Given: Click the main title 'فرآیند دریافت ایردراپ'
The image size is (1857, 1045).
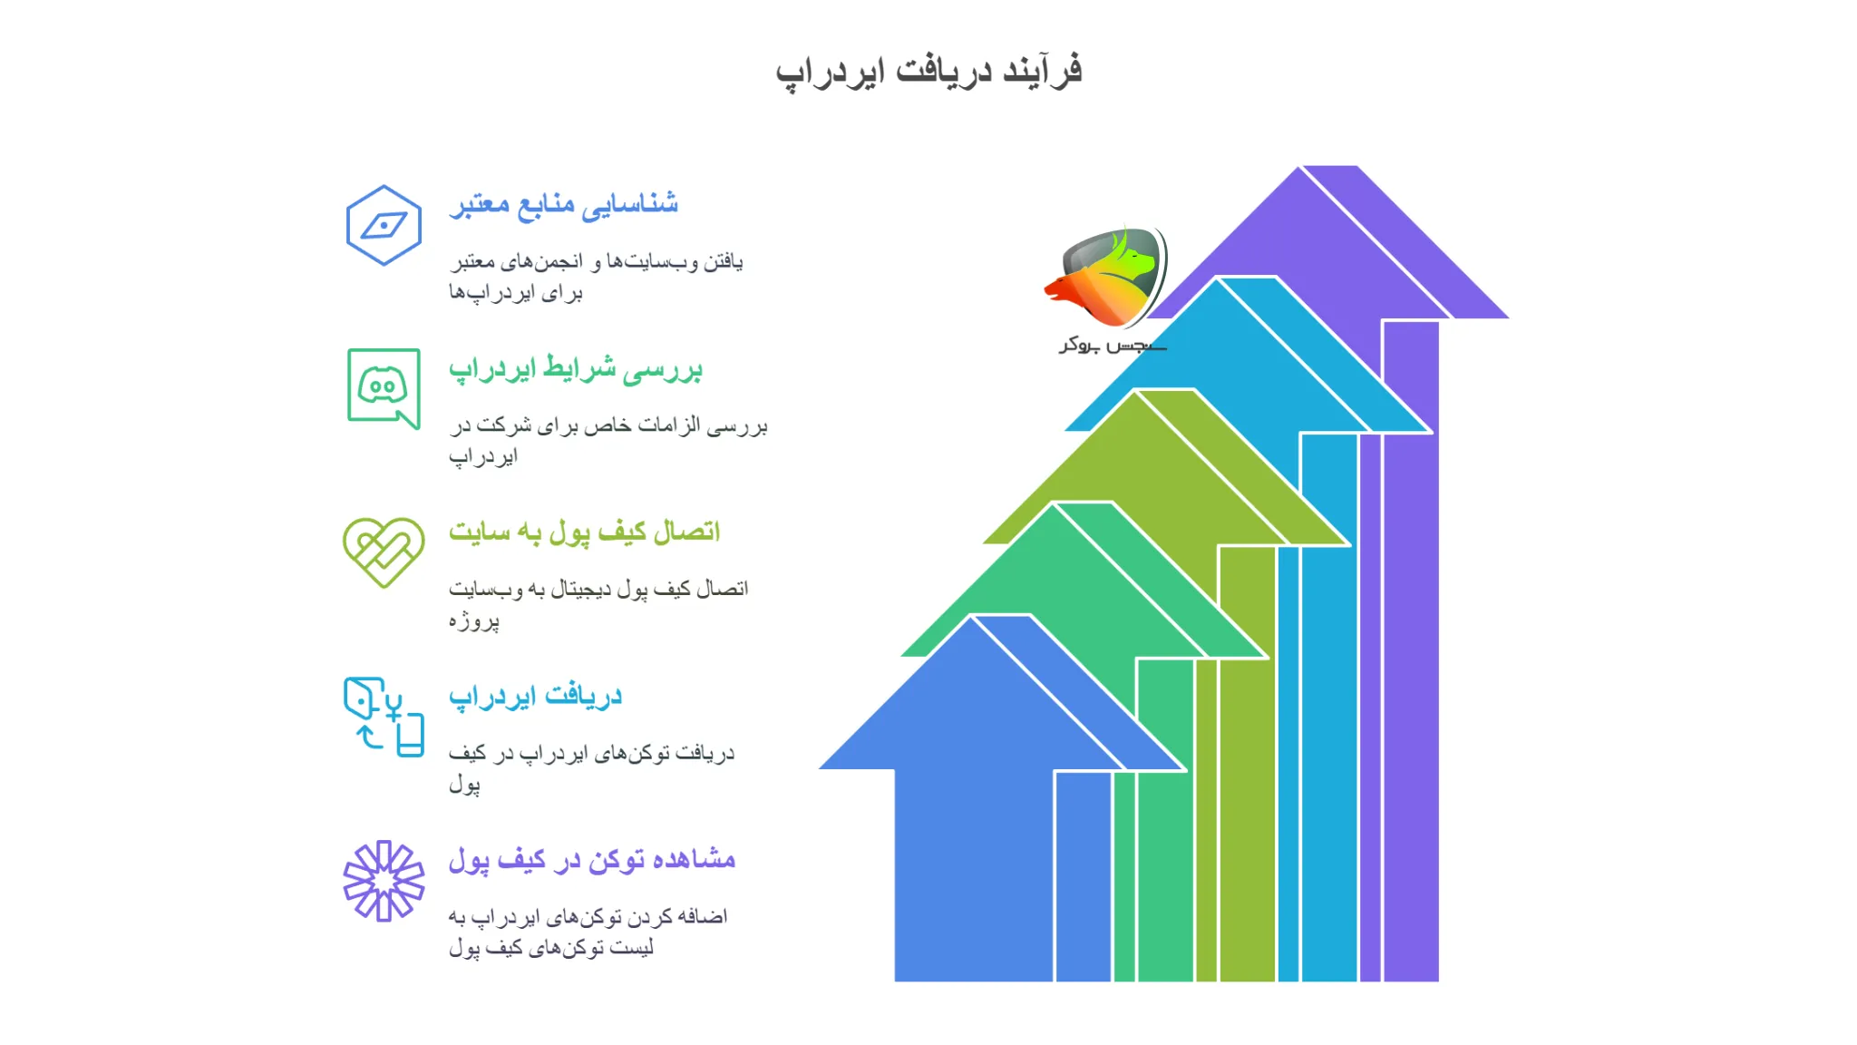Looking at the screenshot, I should click(x=928, y=71).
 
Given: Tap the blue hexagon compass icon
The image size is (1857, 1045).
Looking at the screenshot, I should click(x=384, y=225).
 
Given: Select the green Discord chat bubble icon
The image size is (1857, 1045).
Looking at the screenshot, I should click(x=384, y=387).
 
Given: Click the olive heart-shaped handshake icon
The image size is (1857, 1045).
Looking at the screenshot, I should click(x=384, y=552).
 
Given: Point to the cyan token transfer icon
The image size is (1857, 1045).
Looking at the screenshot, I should click(x=384, y=717).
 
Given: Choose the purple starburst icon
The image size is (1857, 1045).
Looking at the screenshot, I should click(x=384, y=880).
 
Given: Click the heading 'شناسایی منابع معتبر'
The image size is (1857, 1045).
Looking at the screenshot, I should click(x=563, y=204).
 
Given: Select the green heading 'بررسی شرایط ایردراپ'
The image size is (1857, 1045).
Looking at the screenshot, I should click(x=576, y=368).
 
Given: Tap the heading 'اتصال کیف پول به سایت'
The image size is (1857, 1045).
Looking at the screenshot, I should click(x=584, y=532).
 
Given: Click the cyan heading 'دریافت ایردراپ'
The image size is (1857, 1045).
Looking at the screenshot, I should click(x=535, y=696).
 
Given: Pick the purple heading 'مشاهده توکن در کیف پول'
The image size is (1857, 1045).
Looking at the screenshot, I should click(x=591, y=859).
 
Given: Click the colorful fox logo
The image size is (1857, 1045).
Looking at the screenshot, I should click(x=1107, y=277).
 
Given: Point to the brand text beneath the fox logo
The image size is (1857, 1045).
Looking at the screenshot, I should click(x=1112, y=345).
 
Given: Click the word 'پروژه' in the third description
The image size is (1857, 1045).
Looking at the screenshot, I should click(x=473, y=620).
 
